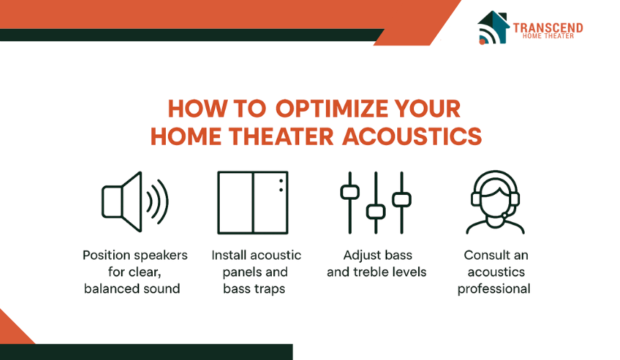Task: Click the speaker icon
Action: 134,202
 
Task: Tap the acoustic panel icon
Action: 252,202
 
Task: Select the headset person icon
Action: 495,202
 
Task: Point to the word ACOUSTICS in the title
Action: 412,136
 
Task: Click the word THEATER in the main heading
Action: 281,136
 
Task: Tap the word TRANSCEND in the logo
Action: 548,27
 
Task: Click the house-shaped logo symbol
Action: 493,27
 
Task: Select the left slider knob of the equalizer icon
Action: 350,192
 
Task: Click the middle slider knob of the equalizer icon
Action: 376,211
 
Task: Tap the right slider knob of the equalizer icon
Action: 402,199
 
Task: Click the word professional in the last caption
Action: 494,289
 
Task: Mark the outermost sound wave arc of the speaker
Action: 163,202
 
